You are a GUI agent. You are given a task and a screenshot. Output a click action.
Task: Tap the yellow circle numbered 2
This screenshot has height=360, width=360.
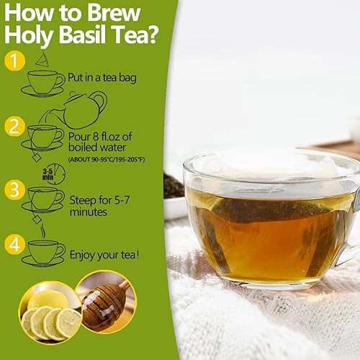tap(15, 127)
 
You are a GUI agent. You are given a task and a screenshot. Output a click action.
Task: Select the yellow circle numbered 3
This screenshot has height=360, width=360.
tap(15, 189)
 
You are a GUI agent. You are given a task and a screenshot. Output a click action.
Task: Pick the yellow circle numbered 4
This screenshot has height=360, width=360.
tap(15, 244)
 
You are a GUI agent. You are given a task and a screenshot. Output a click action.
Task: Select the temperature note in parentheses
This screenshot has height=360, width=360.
tap(107, 158)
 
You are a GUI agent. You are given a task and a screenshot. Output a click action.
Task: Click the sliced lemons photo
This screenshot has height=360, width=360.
tap(48, 313)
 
